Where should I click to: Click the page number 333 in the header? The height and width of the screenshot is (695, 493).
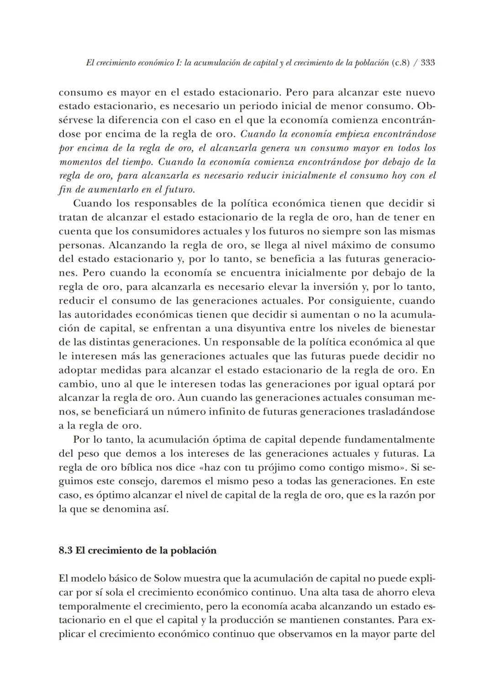click(x=427, y=63)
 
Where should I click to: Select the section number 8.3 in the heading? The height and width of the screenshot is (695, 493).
click(x=66, y=550)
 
